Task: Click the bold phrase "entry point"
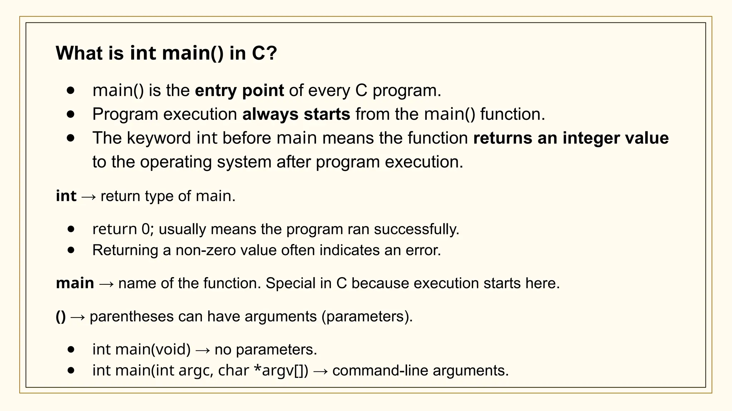pos(239,90)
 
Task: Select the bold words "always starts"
pos(296,114)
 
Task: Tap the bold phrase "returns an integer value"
pos(571,138)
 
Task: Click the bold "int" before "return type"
pos(66,196)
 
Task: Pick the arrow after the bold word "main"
pos(106,284)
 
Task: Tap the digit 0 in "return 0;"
pos(145,229)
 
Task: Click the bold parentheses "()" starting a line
pos(61,316)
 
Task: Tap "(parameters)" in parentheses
pos(367,316)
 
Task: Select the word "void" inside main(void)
pos(171,349)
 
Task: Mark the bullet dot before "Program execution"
pos(71,114)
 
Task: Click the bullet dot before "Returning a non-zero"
pos(71,250)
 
